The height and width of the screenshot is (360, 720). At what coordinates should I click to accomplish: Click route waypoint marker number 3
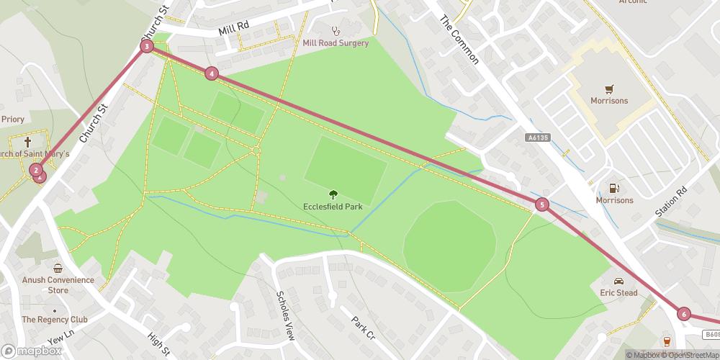coord(147,46)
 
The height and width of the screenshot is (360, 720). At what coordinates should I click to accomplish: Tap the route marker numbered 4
coord(211,73)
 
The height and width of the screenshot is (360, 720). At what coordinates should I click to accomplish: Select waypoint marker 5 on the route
coord(542,204)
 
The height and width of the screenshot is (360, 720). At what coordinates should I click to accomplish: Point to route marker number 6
coord(683,314)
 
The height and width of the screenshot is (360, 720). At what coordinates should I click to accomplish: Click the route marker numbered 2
coord(35,170)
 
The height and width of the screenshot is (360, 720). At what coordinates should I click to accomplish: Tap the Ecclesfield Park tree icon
coord(333,194)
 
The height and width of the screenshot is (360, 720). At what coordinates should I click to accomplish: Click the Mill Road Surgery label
coord(336,43)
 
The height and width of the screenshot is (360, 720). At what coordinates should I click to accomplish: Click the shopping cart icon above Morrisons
coord(609,89)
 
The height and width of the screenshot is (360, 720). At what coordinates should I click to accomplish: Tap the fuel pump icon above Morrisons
coord(614,188)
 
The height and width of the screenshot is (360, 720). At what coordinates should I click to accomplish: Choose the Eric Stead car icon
coord(618,281)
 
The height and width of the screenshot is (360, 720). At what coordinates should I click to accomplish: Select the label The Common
coord(459,40)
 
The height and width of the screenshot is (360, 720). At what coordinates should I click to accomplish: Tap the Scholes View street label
coord(286,315)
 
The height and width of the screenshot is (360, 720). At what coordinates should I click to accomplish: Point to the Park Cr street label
coord(363,328)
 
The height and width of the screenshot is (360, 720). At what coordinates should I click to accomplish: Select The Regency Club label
coord(54,319)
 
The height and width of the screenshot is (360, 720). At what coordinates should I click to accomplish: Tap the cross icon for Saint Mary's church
coord(27,142)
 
